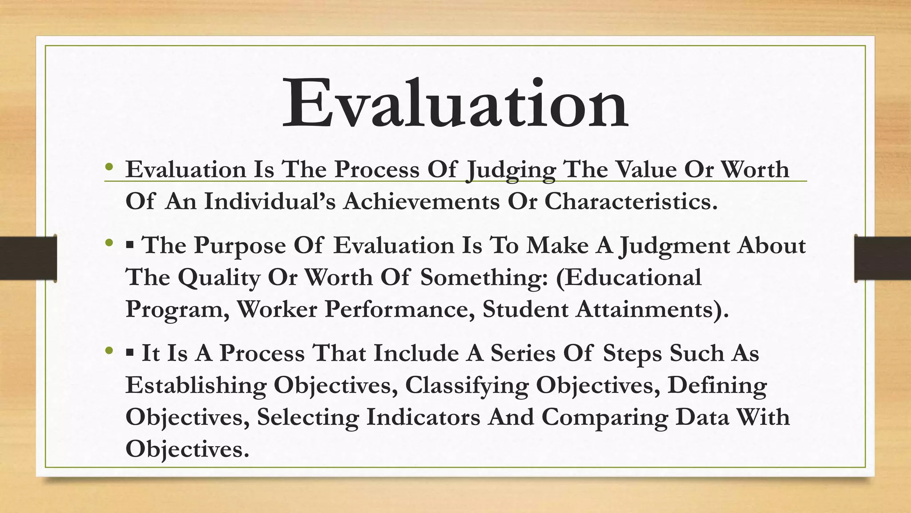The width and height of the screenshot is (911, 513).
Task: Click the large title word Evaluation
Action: [455, 104]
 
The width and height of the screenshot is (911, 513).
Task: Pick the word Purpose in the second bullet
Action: [239, 246]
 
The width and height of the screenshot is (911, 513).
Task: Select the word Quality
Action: [219, 278]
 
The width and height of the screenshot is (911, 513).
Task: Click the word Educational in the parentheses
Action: [629, 277]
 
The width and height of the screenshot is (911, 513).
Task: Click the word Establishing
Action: [196, 385]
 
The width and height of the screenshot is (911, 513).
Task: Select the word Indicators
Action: [423, 417]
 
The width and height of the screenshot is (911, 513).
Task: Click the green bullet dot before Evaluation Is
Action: [109, 168]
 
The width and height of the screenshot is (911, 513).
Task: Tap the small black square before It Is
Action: [130, 353]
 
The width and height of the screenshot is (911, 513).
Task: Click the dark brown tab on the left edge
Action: [28, 258]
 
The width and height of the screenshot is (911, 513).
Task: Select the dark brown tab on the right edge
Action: [883, 258]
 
